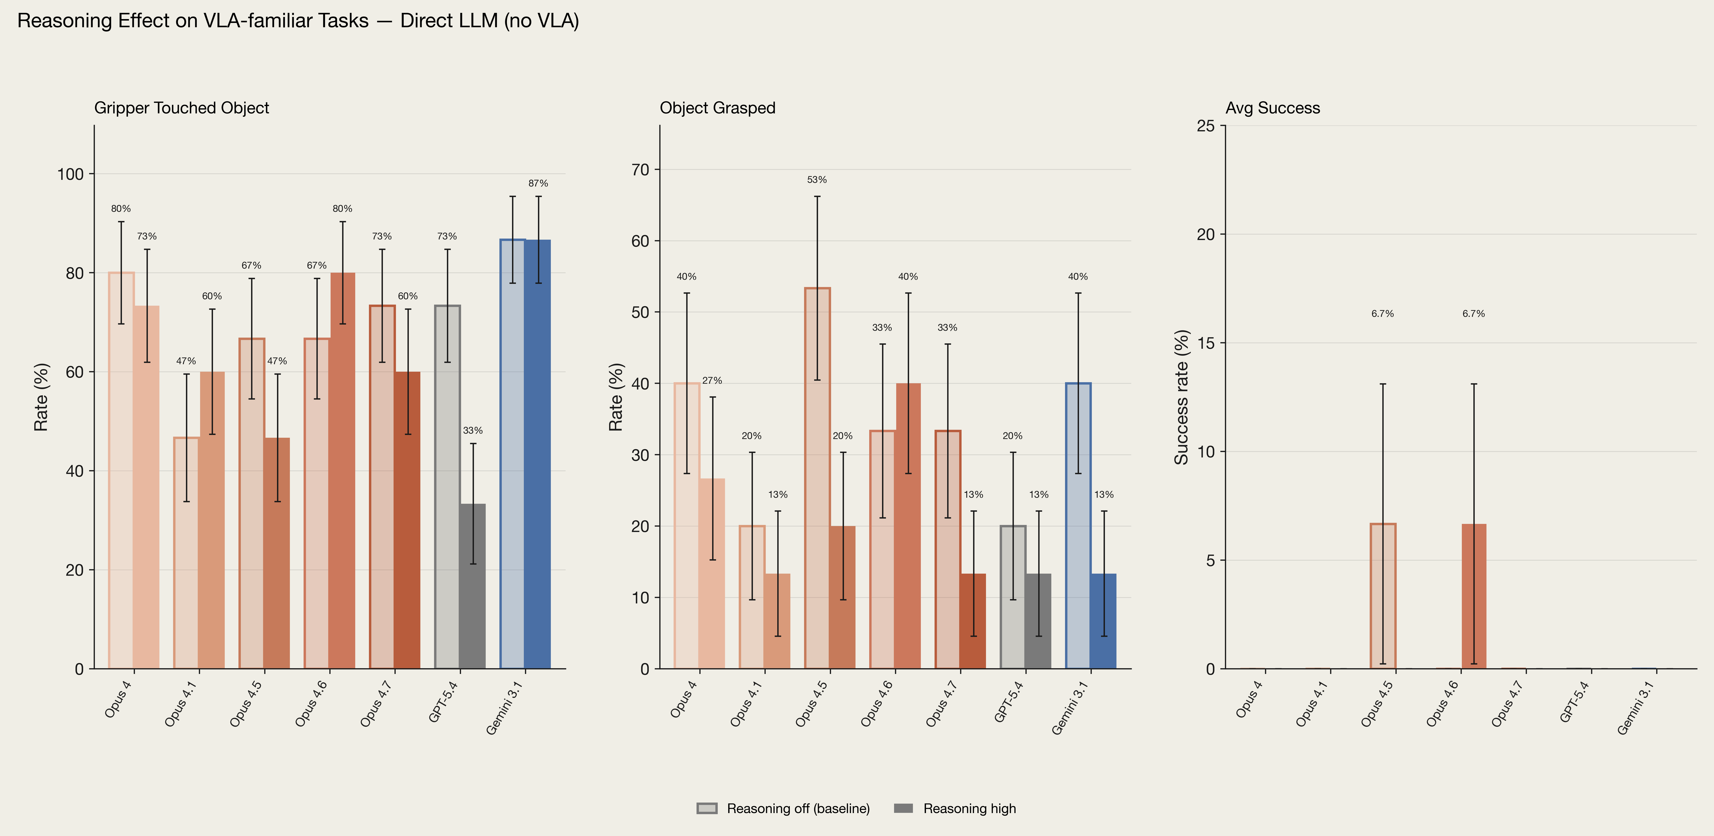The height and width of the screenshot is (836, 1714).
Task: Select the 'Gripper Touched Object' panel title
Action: pos(182,108)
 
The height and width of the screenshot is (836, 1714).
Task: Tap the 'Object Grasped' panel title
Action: pos(717,108)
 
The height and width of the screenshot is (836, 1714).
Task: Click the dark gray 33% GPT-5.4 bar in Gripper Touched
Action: pos(472,586)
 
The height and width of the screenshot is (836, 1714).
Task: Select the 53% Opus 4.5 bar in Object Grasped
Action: pos(817,478)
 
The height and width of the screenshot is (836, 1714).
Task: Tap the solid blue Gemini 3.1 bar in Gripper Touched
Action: pos(538,454)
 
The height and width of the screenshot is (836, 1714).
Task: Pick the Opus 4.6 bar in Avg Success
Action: pos(1474,596)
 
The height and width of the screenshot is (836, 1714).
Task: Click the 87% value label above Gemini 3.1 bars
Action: pos(538,183)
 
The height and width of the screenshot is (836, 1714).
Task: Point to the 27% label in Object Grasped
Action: pos(712,381)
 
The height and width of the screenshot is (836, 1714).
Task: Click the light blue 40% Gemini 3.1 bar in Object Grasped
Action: pos(1078,526)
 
